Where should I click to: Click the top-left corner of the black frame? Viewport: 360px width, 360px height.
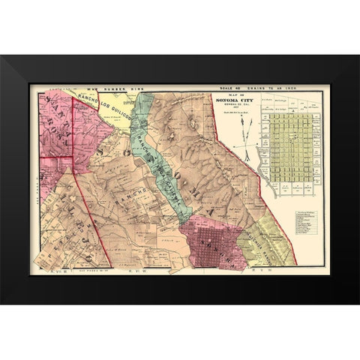point(1,55)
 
